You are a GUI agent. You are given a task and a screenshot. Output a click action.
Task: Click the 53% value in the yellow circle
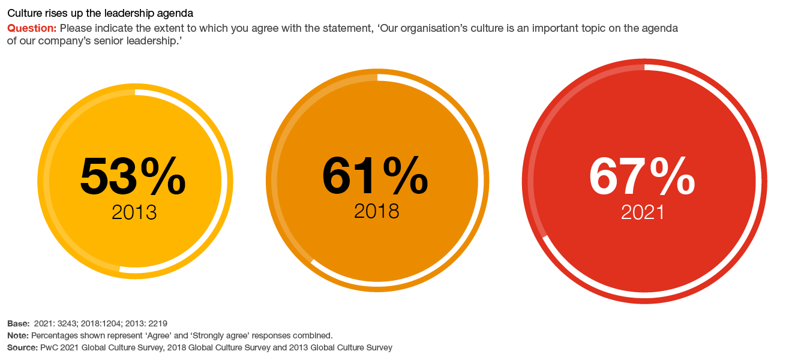pos(133,177)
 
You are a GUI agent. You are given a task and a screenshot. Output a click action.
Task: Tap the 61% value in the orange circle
pos(375,176)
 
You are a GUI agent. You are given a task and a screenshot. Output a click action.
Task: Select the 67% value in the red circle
pos(642,177)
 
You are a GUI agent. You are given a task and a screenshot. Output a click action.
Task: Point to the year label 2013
pos(134,212)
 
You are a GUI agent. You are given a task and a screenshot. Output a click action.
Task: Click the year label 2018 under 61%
pos(376,211)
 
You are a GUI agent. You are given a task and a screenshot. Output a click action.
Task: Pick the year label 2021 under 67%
pos(643,212)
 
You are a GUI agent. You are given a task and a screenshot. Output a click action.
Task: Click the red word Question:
pos(32,28)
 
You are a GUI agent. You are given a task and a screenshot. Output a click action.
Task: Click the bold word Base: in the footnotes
pos(17,323)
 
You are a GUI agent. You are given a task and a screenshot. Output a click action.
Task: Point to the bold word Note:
pos(17,335)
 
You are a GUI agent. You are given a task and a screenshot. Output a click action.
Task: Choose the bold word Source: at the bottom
pos(22,347)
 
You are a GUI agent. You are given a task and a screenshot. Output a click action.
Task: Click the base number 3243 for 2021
pos(66,323)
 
